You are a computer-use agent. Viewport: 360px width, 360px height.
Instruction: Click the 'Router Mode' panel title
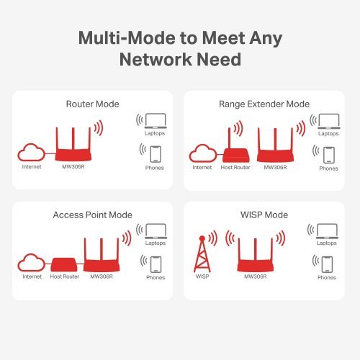(x=92, y=104)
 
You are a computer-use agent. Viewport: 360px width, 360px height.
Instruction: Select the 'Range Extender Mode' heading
(x=264, y=104)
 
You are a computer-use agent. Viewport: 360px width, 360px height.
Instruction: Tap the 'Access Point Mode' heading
(x=92, y=215)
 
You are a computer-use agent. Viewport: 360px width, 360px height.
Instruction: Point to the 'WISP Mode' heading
(x=264, y=215)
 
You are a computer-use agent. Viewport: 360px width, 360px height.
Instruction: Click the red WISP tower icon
(x=202, y=254)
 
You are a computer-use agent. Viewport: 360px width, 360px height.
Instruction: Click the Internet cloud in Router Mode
(x=32, y=153)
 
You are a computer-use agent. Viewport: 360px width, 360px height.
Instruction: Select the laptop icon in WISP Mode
(x=327, y=231)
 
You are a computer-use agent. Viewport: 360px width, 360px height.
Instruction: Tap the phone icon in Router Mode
(x=156, y=154)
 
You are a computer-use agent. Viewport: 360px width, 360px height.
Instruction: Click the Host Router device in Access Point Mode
(x=64, y=265)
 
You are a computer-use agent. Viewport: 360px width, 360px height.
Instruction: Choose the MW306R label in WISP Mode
(x=256, y=276)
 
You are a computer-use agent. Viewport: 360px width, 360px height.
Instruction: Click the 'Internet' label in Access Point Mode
(x=32, y=276)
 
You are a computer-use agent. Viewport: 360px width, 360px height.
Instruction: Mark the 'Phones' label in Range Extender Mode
(x=328, y=168)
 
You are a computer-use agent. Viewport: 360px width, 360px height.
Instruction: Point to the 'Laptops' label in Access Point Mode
(x=156, y=243)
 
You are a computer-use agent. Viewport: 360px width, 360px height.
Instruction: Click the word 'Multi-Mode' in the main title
(x=127, y=38)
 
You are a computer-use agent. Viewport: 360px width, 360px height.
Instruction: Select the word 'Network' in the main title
(x=156, y=59)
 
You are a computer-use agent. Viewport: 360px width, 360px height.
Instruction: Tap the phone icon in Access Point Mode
(x=156, y=265)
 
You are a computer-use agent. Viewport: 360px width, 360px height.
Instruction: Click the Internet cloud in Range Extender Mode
(x=203, y=153)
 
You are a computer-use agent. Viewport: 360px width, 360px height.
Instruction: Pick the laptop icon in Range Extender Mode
(x=329, y=122)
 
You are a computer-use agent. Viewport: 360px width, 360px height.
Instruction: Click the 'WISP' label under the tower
(x=202, y=276)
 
